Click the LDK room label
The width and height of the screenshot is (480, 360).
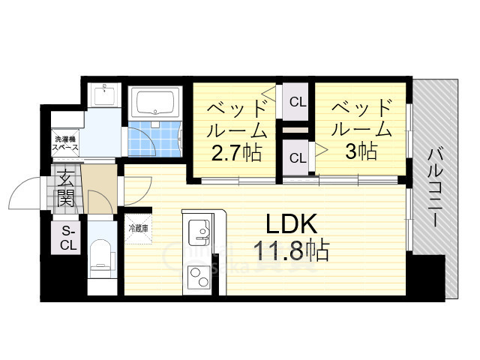(292, 224)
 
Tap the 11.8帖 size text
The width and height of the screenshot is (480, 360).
(292, 250)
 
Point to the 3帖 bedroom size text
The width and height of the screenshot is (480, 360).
(361, 151)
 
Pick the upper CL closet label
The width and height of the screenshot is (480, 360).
(298, 101)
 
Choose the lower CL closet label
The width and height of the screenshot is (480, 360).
(298, 158)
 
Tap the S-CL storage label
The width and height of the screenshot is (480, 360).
(68, 238)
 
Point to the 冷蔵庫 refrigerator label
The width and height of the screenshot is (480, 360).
(139, 228)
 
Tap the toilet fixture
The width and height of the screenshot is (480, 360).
(100, 259)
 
